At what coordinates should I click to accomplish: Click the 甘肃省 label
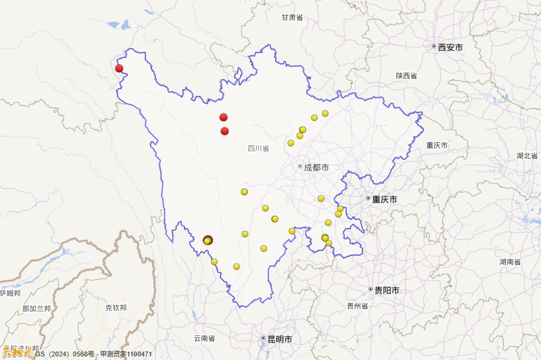pyautogui.click(x=292, y=17)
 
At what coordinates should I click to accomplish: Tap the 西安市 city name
pyautogui.click(x=450, y=47)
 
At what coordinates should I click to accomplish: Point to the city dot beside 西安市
pyautogui.click(x=434, y=46)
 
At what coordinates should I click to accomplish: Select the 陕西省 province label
pyautogui.click(x=407, y=76)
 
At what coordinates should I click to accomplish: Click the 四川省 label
pyautogui.click(x=258, y=148)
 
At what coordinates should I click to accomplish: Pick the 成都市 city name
pyautogui.click(x=316, y=168)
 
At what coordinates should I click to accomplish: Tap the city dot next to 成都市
pyautogui.click(x=300, y=166)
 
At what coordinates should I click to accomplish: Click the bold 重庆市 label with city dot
pyautogui.click(x=384, y=199)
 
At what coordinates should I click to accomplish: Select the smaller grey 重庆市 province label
pyautogui.click(x=437, y=145)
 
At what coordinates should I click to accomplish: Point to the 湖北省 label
pyautogui.click(x=527, y=156)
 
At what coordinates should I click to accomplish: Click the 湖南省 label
pyautogui.click(x=510, y=262)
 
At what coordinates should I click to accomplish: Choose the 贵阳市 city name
pyautogui.click(x=387, y=291)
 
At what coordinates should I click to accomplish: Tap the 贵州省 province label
pyautogui.click(x=357, y=306)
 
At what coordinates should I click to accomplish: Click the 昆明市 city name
pyautogui.click(x=280, y=339)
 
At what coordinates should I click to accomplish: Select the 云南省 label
pyautogui.click(x=204, y=339)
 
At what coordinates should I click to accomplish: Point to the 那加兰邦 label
pyautogui.click(x=36, y=309)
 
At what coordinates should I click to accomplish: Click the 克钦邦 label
pyautogui.click(x=116, y=308)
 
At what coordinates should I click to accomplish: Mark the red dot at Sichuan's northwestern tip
pyautogui.click(x=119, y=68)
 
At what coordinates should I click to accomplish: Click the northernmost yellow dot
pyautogui.click(x=325, y=113)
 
